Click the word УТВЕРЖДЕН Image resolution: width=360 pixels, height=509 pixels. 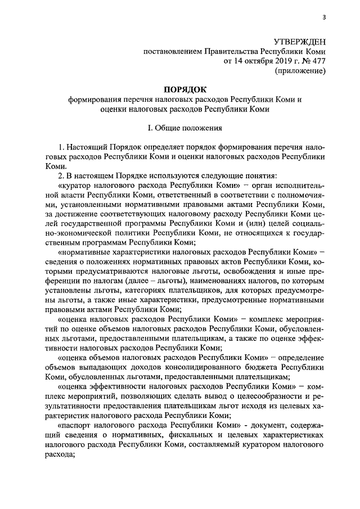299,42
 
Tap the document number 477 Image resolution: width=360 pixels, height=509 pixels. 319,62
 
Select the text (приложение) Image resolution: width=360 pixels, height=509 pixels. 300,71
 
